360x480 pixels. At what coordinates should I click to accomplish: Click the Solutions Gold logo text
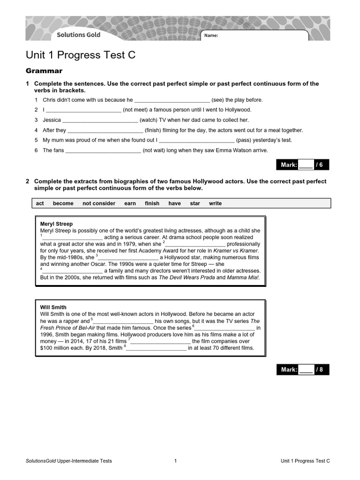tap(78, 35)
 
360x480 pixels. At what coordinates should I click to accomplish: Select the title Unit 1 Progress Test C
tap(81, 55)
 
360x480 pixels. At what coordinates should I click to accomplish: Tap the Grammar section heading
tap(44, 71)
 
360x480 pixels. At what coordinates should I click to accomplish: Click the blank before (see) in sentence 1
tap(172, 100)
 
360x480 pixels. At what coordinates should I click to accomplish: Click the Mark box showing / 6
tap(302, 165)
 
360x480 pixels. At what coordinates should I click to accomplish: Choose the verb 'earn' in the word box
tap(130, 203)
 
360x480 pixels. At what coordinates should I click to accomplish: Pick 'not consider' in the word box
tap(99, 203)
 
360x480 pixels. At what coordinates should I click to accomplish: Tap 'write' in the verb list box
tap(215, 203)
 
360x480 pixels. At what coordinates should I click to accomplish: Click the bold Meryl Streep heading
tap(56, 224)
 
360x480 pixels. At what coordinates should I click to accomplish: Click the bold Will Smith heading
tap(53, 307)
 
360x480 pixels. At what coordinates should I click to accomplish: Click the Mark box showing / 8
tap(302, 369)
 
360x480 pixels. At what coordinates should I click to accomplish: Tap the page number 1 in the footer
tap(175, 461)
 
